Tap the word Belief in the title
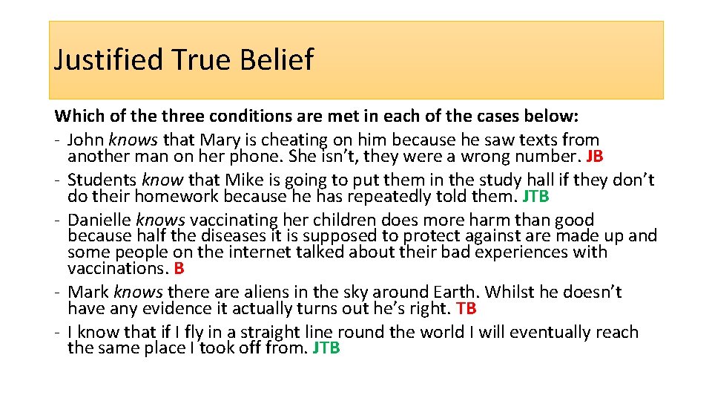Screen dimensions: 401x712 point(277,59)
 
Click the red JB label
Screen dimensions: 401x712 point(594,157)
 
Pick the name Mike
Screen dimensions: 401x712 point(245,180)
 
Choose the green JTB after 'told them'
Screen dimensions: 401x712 point(535,197)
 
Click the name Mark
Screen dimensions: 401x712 point(88,292)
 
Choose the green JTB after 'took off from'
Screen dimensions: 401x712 point(326,348)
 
